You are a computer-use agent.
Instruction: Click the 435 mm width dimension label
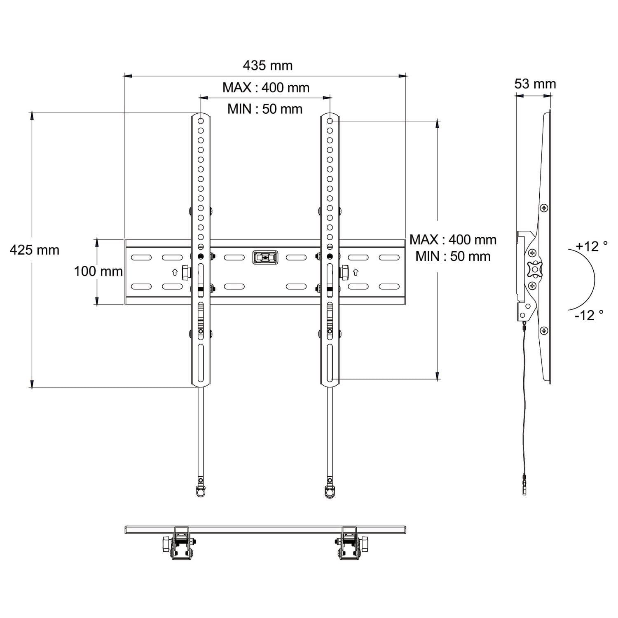(268, 66)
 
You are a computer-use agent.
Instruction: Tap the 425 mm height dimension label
(35, 250)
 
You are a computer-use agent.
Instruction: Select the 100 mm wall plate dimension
(98, 271)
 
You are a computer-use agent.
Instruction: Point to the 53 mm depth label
(535, 84)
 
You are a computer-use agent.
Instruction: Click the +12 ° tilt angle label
(592, 246)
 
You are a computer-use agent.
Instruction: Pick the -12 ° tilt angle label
(589, 315)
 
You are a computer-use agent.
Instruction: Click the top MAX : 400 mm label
(266, 87)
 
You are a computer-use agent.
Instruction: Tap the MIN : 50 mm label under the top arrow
(265, 109)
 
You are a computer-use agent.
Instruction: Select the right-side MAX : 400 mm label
(453, 240)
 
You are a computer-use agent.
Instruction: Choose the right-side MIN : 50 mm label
(453, 256)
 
